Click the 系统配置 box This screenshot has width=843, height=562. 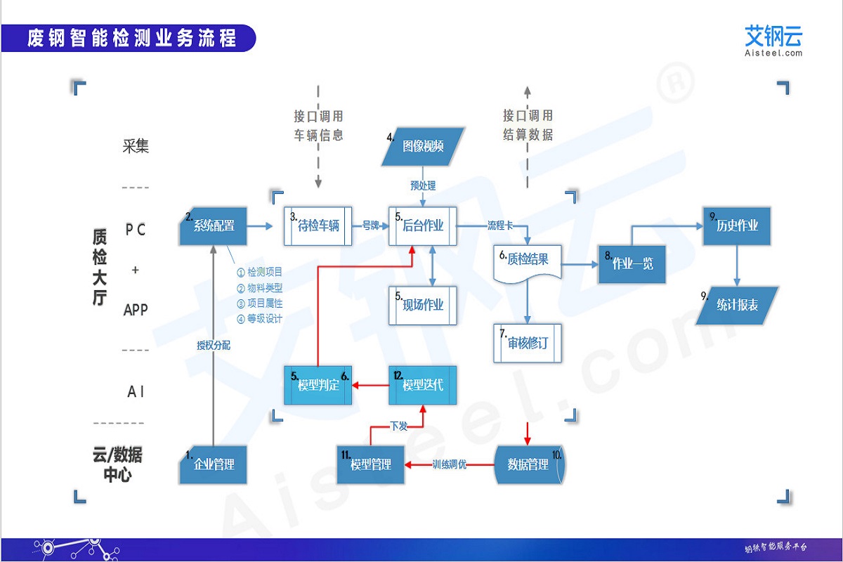pos(214,226)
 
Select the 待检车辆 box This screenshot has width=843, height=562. pos(318,226)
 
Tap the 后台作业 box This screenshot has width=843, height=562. pos(423,226)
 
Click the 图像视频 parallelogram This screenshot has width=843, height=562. pos(423,147)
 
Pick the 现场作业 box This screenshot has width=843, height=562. pos(423,305)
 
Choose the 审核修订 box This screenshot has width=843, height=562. pos(528,343)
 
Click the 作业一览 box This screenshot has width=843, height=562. pos(632,264)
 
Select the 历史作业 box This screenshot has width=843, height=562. pos(737,226)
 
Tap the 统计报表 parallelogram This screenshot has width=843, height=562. pos(737,306)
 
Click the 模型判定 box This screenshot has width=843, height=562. pos(318,385)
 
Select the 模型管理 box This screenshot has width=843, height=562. pos(371,465)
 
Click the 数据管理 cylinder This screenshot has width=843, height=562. pos(528,465)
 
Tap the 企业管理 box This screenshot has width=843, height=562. pos(214,464)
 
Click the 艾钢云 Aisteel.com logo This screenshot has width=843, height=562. pos(773,41)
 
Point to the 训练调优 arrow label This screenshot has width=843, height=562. pos(449,465)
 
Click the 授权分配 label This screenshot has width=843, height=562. pos(213,345)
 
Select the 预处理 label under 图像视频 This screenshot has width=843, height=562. pos(423,185)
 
